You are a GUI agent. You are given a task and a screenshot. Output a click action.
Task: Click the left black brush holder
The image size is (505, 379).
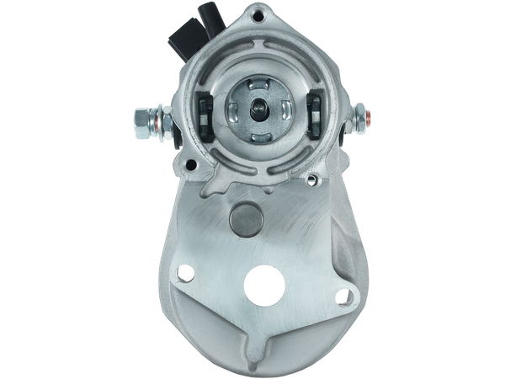click(205, 114)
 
